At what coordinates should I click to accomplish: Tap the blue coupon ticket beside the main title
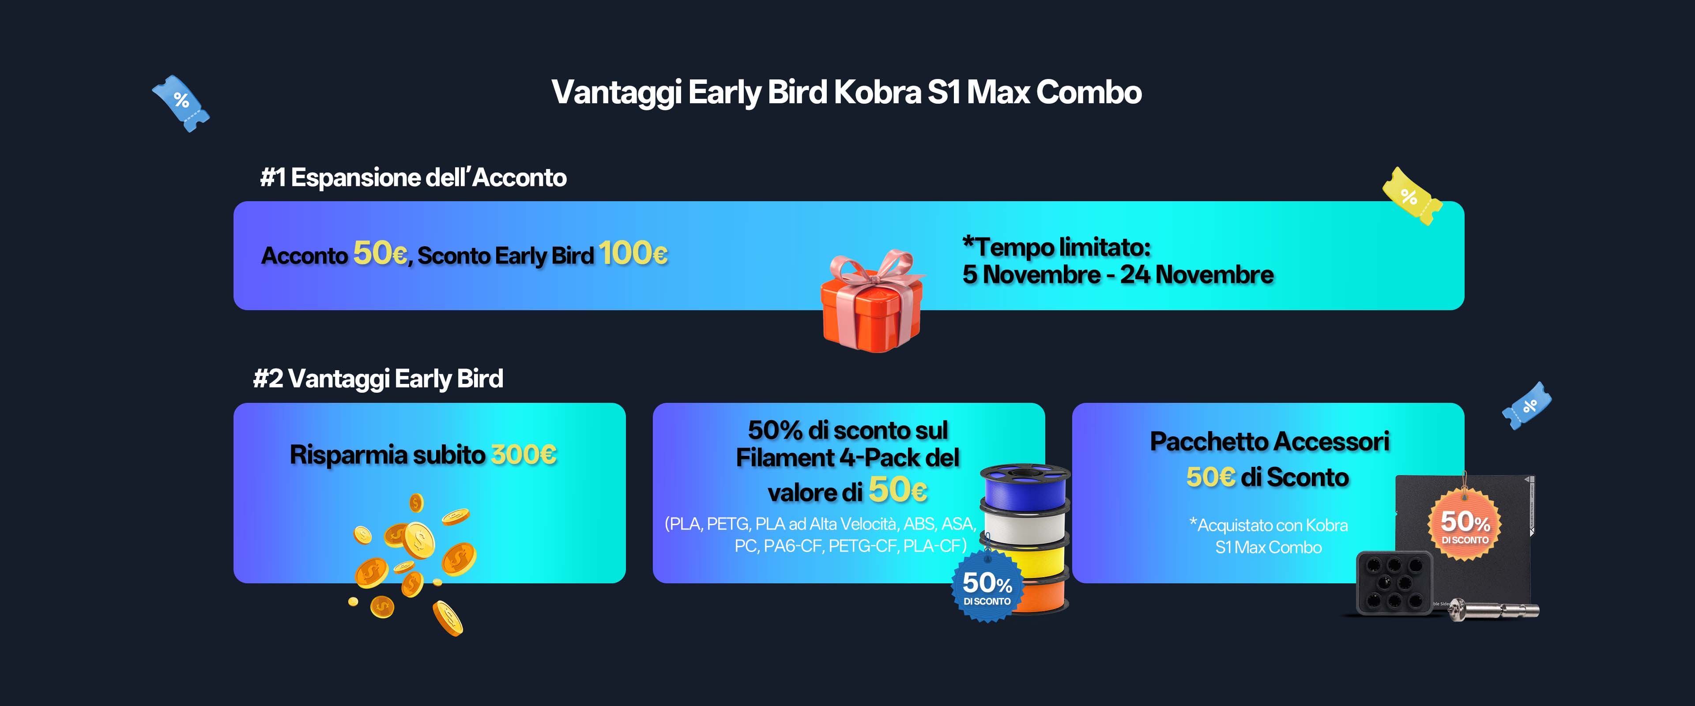tap(181, 103)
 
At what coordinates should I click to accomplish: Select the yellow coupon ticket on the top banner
tap(1412, 196)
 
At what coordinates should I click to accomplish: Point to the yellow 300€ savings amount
tap(524, 454)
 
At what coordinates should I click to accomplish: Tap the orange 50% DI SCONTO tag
tap(1465, 524)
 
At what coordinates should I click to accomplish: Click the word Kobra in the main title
tap(877, 92)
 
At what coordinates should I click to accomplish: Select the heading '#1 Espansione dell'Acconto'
tap(413, 178)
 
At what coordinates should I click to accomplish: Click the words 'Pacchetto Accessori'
tap(1269, 442)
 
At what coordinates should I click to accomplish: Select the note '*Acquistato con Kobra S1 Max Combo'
tap(1268, 536)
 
